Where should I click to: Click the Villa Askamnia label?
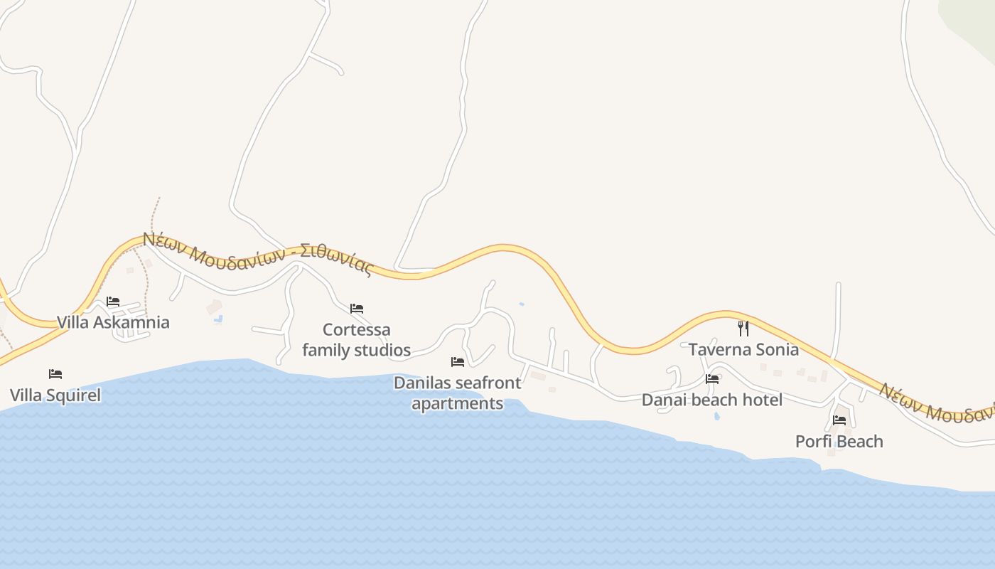click(x=113, y=322)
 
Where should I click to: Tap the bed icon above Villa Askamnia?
click(x=113, y=302)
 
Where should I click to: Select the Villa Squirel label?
click(x=55, y=395)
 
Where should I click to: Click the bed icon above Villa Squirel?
click(x=55, y=374)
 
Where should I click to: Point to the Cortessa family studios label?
click(x=356, y=339)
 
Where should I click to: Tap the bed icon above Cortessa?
click(x=357, y=309)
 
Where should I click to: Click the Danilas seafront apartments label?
click(x=457, y=393)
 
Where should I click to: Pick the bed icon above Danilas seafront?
click(x=458, y=362)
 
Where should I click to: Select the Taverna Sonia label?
click(x=743, y=349)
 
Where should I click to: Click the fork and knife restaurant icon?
click(x=743, y=329)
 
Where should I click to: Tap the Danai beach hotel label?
click(x=711, y=400)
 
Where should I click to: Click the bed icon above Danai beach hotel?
click(x=712, y=379)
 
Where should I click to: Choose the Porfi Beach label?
click(x=839, y=441)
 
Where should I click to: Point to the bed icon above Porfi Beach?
click(x=839, y=420)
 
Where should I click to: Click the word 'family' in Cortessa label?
click(x=326, y=350)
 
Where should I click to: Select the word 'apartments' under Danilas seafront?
click(x=457, y=403)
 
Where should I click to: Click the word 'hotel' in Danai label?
click(x=762, y=400)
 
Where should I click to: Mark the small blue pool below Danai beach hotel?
click(x=716, y=415)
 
